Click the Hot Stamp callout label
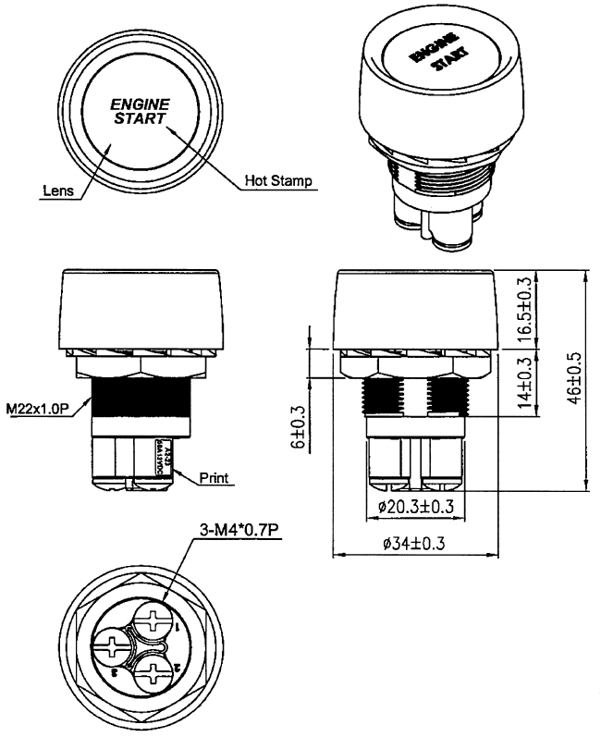[x=276, y=179]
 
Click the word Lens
[x=57, y=192]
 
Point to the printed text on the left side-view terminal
[x=163, y=460]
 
